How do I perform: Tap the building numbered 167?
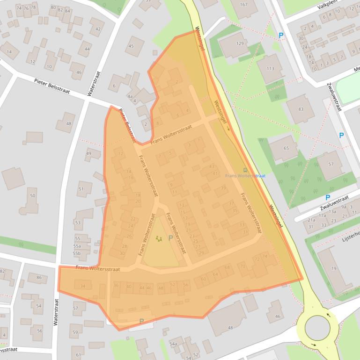click(x=243, y=5)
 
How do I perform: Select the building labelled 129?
click(x=240, y=43)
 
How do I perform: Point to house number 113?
click(x=270, y=69)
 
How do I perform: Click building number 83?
click(x=301, y=109)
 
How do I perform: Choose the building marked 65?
click(x=287, y=148)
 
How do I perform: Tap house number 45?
click(x=131, y=46)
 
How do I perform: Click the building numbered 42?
click(x=98, y=29)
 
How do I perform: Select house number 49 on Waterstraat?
click(x=89, y=153)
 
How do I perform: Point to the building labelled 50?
click(x=33, y=196)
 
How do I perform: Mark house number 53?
click(x=78, y=223)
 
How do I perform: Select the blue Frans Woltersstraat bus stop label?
click(x=245, y=176)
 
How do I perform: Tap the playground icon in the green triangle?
click(x=159, y=239)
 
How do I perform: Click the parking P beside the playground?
click(x=170, y=238)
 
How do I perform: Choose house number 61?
click(x=78, y=350)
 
